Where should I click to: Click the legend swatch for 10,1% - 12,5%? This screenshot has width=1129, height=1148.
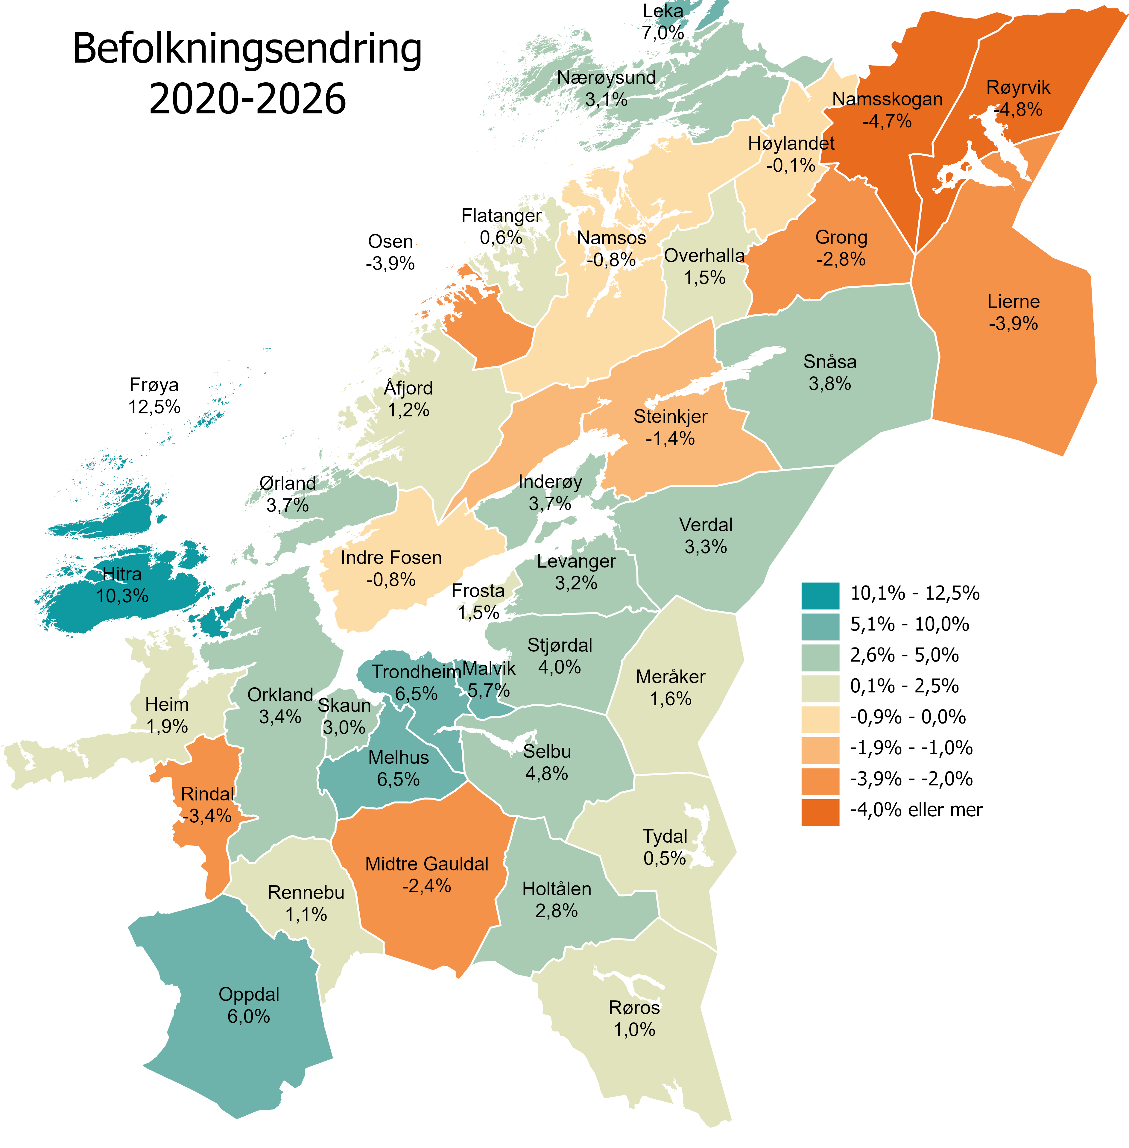coord(820,596)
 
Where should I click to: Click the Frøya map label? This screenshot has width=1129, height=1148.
coord(154,385)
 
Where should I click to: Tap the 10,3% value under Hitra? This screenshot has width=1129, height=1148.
coord(122,596)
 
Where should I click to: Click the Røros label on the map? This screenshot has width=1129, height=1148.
coord(634,1007)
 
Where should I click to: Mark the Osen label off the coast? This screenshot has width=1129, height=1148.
coord(390,242)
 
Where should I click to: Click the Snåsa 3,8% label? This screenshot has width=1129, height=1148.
coord(829,373)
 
